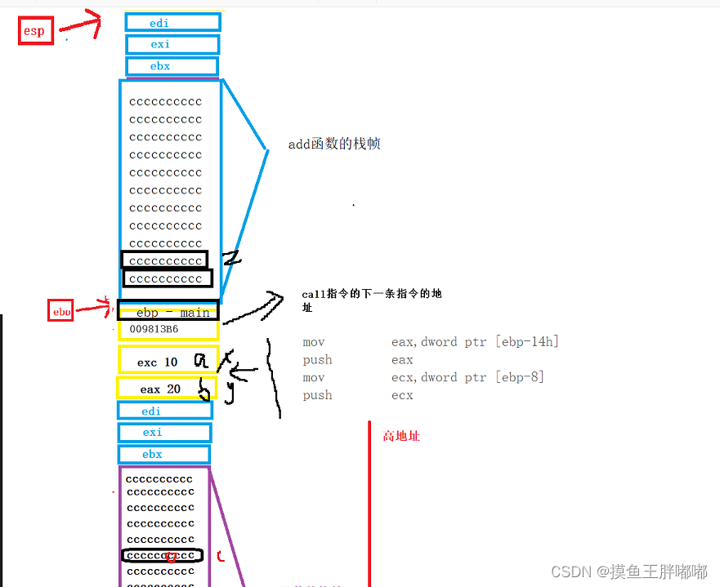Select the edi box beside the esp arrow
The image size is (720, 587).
(x=172, y=23)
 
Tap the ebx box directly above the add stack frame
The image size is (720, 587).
(x=172, y=66)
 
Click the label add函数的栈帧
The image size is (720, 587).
(x=334, y=145)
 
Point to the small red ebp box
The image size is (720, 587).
(x=61, y=311)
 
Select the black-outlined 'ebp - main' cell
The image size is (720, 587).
(x=168, y=311)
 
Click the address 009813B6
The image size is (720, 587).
(x=154, y=330)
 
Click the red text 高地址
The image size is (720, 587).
(x=401, y=437)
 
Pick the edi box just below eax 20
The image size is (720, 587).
(x=164, y=411)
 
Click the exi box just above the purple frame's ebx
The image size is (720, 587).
(x=164, y=433)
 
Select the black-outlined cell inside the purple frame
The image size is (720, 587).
(x=162, y=556)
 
